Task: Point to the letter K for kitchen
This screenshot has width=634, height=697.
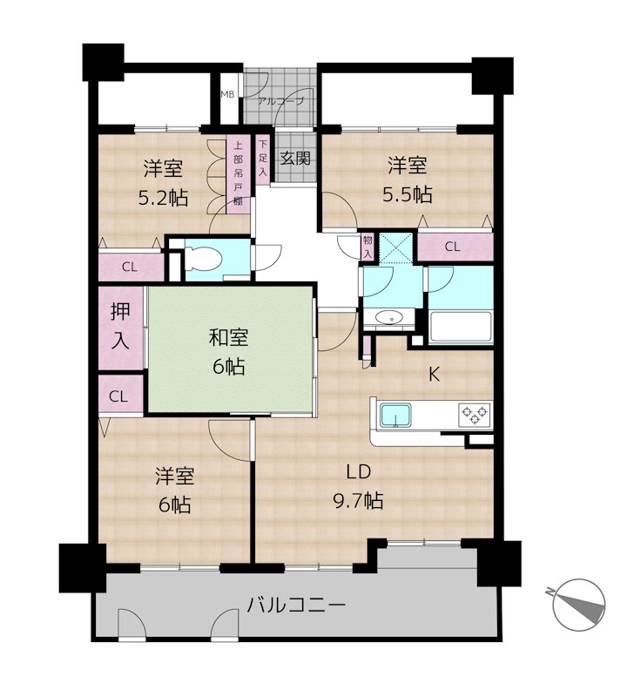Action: pos(433,376)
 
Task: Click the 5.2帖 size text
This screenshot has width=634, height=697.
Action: pos(163,197)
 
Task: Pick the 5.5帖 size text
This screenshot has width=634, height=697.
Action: pos(408,193)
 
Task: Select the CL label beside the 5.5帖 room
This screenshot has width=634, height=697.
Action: pos(452,247)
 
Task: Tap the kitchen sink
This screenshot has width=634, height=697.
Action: pos(397,416)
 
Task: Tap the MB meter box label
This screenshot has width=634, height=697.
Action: pos(226,93)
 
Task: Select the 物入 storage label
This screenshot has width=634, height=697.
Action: pos(368,245)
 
